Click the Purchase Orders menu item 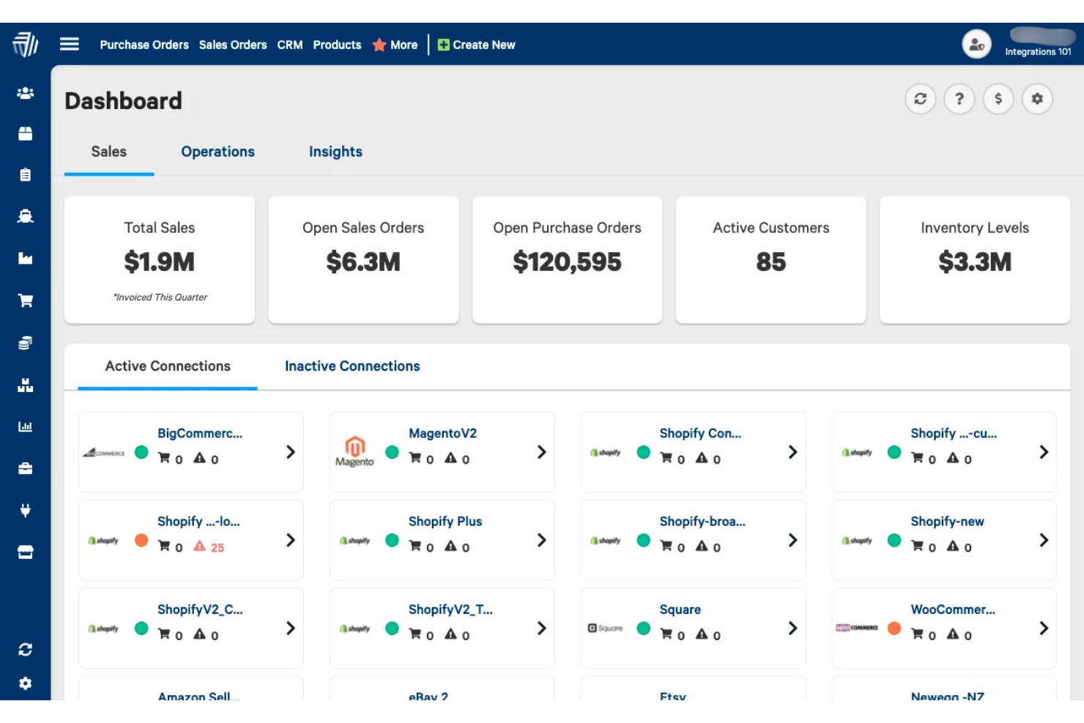[x=144, y=45]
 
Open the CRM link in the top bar [x=289, y=45]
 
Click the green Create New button [x=476, y=45]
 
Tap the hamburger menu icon [x=70, y=44]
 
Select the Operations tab [x=218, y=152]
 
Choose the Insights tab [x=335, y=152]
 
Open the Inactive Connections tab [x=352, y=366]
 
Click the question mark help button [x=959, y=99]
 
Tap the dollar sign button [x=998, y=99]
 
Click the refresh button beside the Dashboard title [x=920, y=99]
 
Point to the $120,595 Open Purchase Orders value [x=567, y=262]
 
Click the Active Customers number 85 [x=771, y=262]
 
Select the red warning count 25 [x=217, y=548]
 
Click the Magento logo [x=354, y=451]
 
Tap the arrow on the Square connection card [x=792, y=629]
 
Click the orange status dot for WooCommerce [x=894, y=629]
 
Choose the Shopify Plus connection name [x=445, y=522]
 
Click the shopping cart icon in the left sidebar [x=26, y=300]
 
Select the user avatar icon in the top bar [x=976, y=45]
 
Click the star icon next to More [x=379, y=45]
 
